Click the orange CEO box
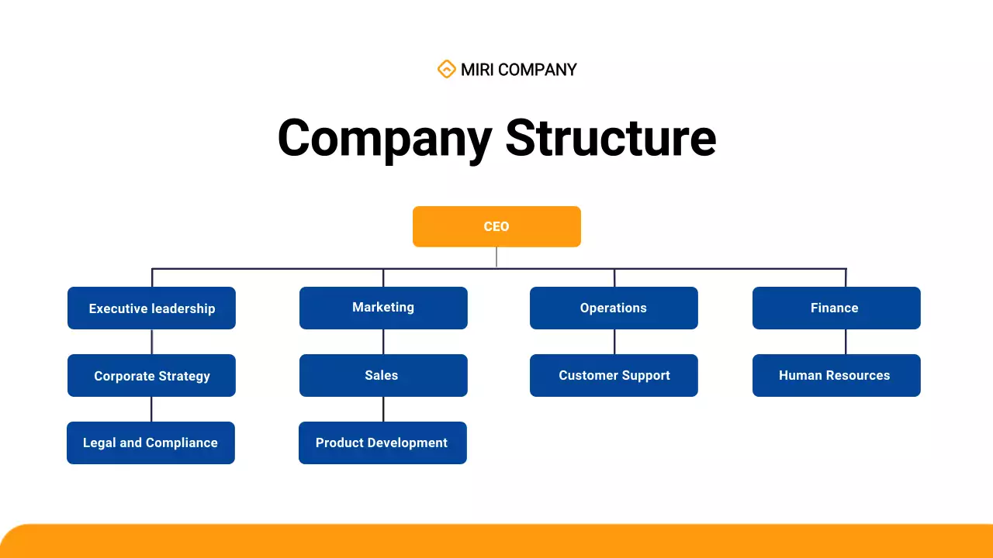496,226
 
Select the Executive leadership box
151,308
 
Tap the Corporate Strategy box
151,376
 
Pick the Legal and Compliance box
151,443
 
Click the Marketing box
383,308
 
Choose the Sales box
383,375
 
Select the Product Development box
382,443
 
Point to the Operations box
614,308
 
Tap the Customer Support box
614,375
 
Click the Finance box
836,308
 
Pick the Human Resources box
836,375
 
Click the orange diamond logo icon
446,69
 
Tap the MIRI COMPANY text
518,70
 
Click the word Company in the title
384,138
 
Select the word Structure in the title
611,138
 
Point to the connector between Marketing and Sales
383,342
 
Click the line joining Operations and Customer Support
614,342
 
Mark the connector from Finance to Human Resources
846,342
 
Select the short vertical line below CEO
496,257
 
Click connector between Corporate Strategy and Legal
151,409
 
